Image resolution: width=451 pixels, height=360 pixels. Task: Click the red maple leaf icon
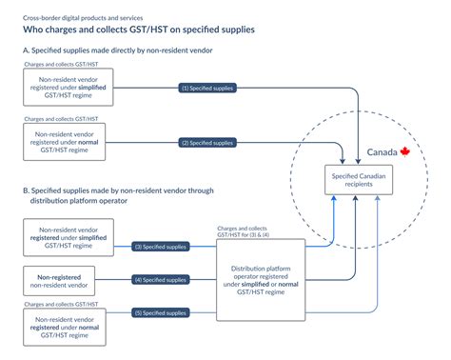pos(404,151)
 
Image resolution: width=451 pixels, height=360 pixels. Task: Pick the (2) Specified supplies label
pos(206,143)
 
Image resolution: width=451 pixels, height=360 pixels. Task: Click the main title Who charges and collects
pos(138,30)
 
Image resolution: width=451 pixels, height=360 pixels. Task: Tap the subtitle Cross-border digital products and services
pos(86,14)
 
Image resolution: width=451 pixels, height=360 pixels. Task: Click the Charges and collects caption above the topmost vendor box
pos(53,63)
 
